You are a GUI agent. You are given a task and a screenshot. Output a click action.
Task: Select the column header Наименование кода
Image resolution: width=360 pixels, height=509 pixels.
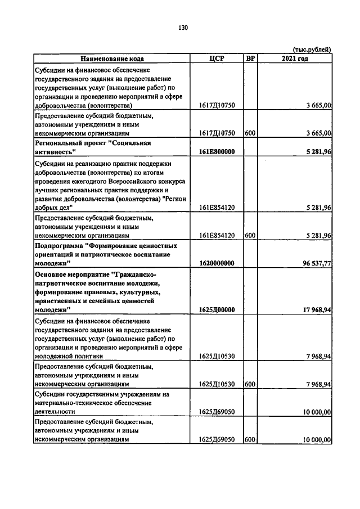tap(112, 58)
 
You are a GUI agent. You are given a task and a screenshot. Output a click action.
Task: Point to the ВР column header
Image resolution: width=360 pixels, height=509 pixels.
tap(251, 58)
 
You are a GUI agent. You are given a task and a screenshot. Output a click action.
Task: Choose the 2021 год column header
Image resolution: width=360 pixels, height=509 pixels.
tap(295, 58)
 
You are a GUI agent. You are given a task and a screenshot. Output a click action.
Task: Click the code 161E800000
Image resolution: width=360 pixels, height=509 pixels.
tap(217, 152)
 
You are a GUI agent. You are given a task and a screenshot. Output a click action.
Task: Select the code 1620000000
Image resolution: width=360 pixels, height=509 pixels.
tap(217, 263)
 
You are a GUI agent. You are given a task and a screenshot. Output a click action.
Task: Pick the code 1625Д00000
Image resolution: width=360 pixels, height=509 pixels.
tap(217, 309)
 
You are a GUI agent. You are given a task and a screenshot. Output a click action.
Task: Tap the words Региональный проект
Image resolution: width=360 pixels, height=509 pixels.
tap(71, 143)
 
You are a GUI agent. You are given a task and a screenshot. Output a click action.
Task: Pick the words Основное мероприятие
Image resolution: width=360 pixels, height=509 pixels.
tap(73, 274)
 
